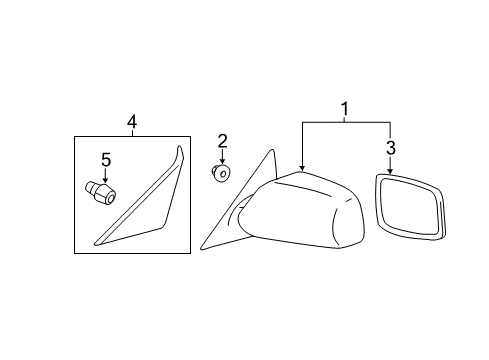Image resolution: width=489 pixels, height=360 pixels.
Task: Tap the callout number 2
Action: [x=223, y=141]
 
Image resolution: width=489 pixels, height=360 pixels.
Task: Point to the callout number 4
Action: [x=132, y=122]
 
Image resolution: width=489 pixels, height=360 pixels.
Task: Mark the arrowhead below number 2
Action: [x=223, y=164]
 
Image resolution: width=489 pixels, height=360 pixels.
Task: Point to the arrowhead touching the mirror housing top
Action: [x=302, y=167]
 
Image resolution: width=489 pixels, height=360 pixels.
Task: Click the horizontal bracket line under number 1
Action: [x=346, y=122]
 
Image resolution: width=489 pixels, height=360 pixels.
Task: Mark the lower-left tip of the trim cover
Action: [x=93, y=241]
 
